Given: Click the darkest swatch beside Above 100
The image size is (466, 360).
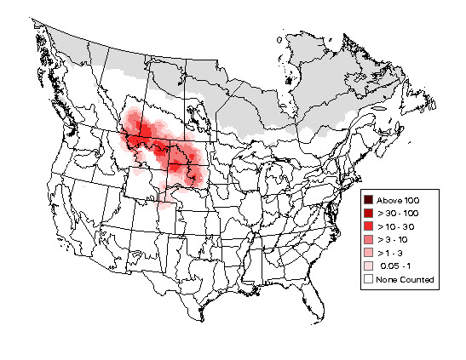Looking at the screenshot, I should point(367,199).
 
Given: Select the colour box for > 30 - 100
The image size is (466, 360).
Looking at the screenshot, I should point(367,213).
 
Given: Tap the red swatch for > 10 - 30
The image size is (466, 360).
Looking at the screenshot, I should point(367,226).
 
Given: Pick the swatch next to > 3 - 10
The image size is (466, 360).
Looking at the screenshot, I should point(367,240).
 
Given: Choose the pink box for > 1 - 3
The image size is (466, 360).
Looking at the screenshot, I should point(367,254).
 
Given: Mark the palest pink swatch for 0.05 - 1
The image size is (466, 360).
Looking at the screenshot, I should point(367,266).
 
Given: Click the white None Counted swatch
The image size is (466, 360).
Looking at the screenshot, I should point(367,279).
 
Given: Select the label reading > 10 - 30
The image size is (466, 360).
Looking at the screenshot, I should point(396,226).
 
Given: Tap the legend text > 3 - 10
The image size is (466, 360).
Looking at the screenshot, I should point(394,240).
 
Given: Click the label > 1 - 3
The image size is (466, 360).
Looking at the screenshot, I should point(392,254).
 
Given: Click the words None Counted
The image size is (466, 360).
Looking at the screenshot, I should point(406,279).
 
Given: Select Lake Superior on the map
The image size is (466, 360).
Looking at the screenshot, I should point(246,164).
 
